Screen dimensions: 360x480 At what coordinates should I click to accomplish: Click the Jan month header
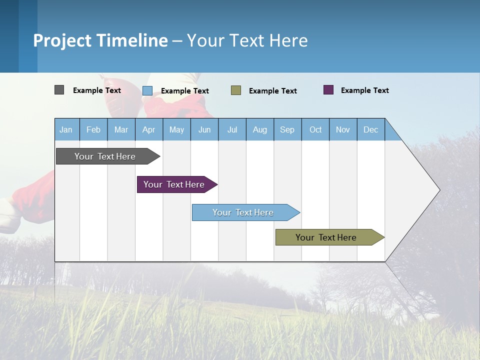(66, 130)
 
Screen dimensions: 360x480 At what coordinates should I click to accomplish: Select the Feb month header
(93, 130)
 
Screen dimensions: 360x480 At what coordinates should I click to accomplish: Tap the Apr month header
(149, 130)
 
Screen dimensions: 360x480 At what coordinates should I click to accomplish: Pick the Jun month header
(204, 130)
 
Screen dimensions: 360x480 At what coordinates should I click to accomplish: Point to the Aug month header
(260, 130)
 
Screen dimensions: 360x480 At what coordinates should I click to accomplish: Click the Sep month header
(287, 130)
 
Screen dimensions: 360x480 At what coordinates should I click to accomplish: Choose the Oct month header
(315, 130)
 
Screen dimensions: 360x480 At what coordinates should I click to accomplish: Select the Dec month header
(371, 130)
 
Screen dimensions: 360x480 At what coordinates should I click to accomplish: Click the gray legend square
(59, 90)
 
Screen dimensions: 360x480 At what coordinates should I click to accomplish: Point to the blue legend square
(147, 90)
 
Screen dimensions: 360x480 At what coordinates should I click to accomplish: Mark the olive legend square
(236, 90)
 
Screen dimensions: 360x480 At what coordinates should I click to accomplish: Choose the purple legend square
(328, 90)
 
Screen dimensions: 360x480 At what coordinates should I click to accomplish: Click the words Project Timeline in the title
(100, 40)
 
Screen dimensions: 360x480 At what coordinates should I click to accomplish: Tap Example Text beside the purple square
(365, 90)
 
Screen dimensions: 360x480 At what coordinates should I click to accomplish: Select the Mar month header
(121, 130)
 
